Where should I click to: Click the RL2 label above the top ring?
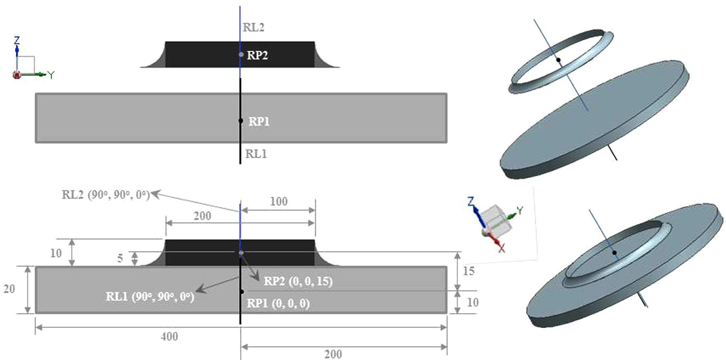click(x=254, y=27)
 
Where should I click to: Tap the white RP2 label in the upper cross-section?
click(x=257, y=55)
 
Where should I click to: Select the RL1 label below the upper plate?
click(x=256, y=154)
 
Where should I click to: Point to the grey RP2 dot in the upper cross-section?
click(x=241, y=54)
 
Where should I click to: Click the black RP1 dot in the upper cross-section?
click(x=241, y=121)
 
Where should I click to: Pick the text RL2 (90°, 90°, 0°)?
click(x=106, y=195)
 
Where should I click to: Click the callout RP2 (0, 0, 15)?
click(x=298, y=281)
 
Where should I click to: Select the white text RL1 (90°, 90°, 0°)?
click(x=150, y=297)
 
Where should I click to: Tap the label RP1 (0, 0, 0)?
click(x=278, y=303)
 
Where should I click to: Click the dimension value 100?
click(x=279, y=201)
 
